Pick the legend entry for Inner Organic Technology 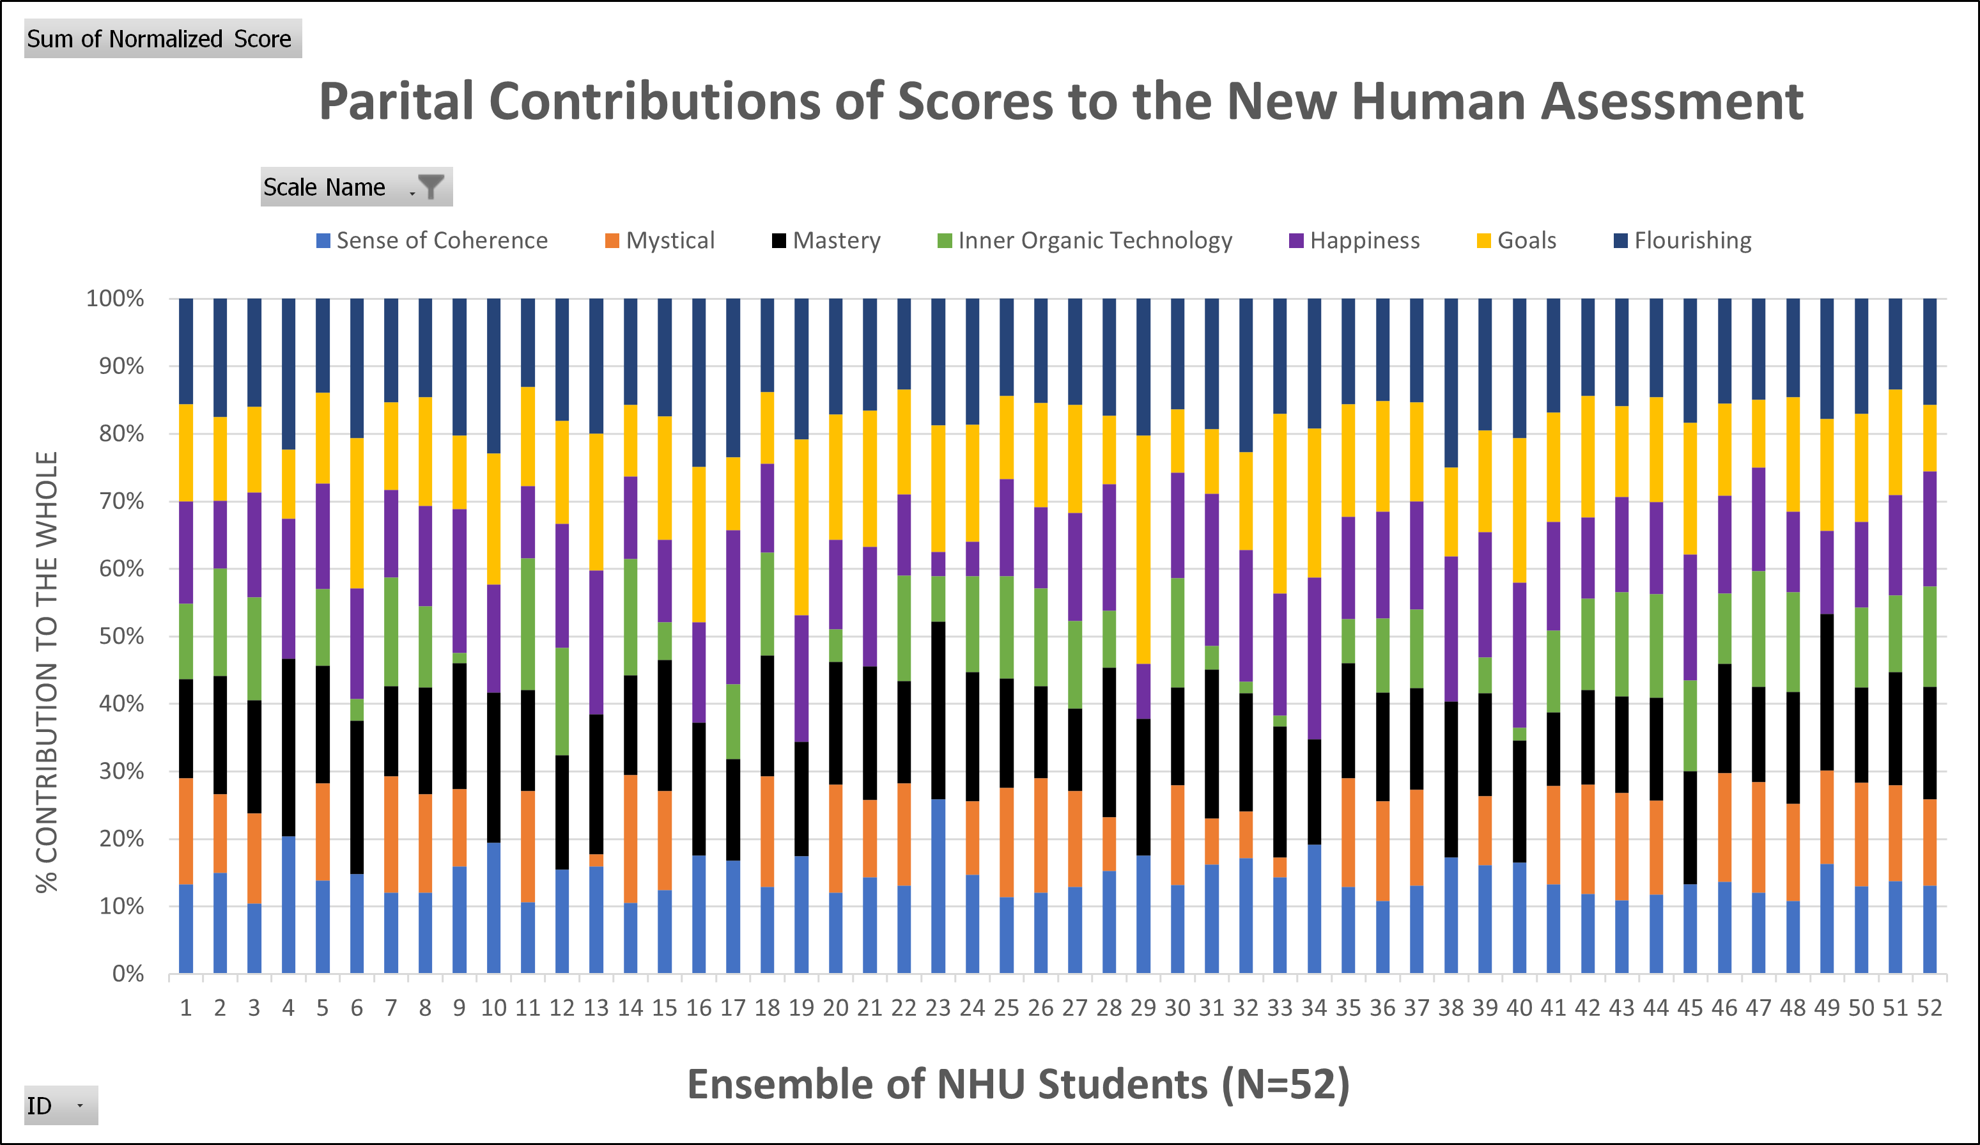[1085, 240]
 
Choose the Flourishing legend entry [1682, 240]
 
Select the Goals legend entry [1517, 240]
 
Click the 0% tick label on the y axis [128, 974]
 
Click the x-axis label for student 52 [1929, 1008]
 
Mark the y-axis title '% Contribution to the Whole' [47, 672]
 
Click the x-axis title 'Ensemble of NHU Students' [1018, 1084]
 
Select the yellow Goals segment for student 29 [1143, 550]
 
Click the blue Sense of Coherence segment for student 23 [938, 887]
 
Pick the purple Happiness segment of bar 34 [1313, 658]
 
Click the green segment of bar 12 [562, 701]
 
